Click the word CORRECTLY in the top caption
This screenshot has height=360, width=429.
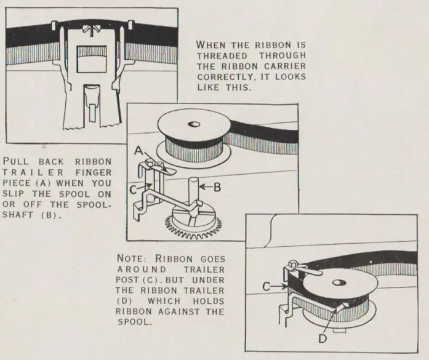(224, 77)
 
